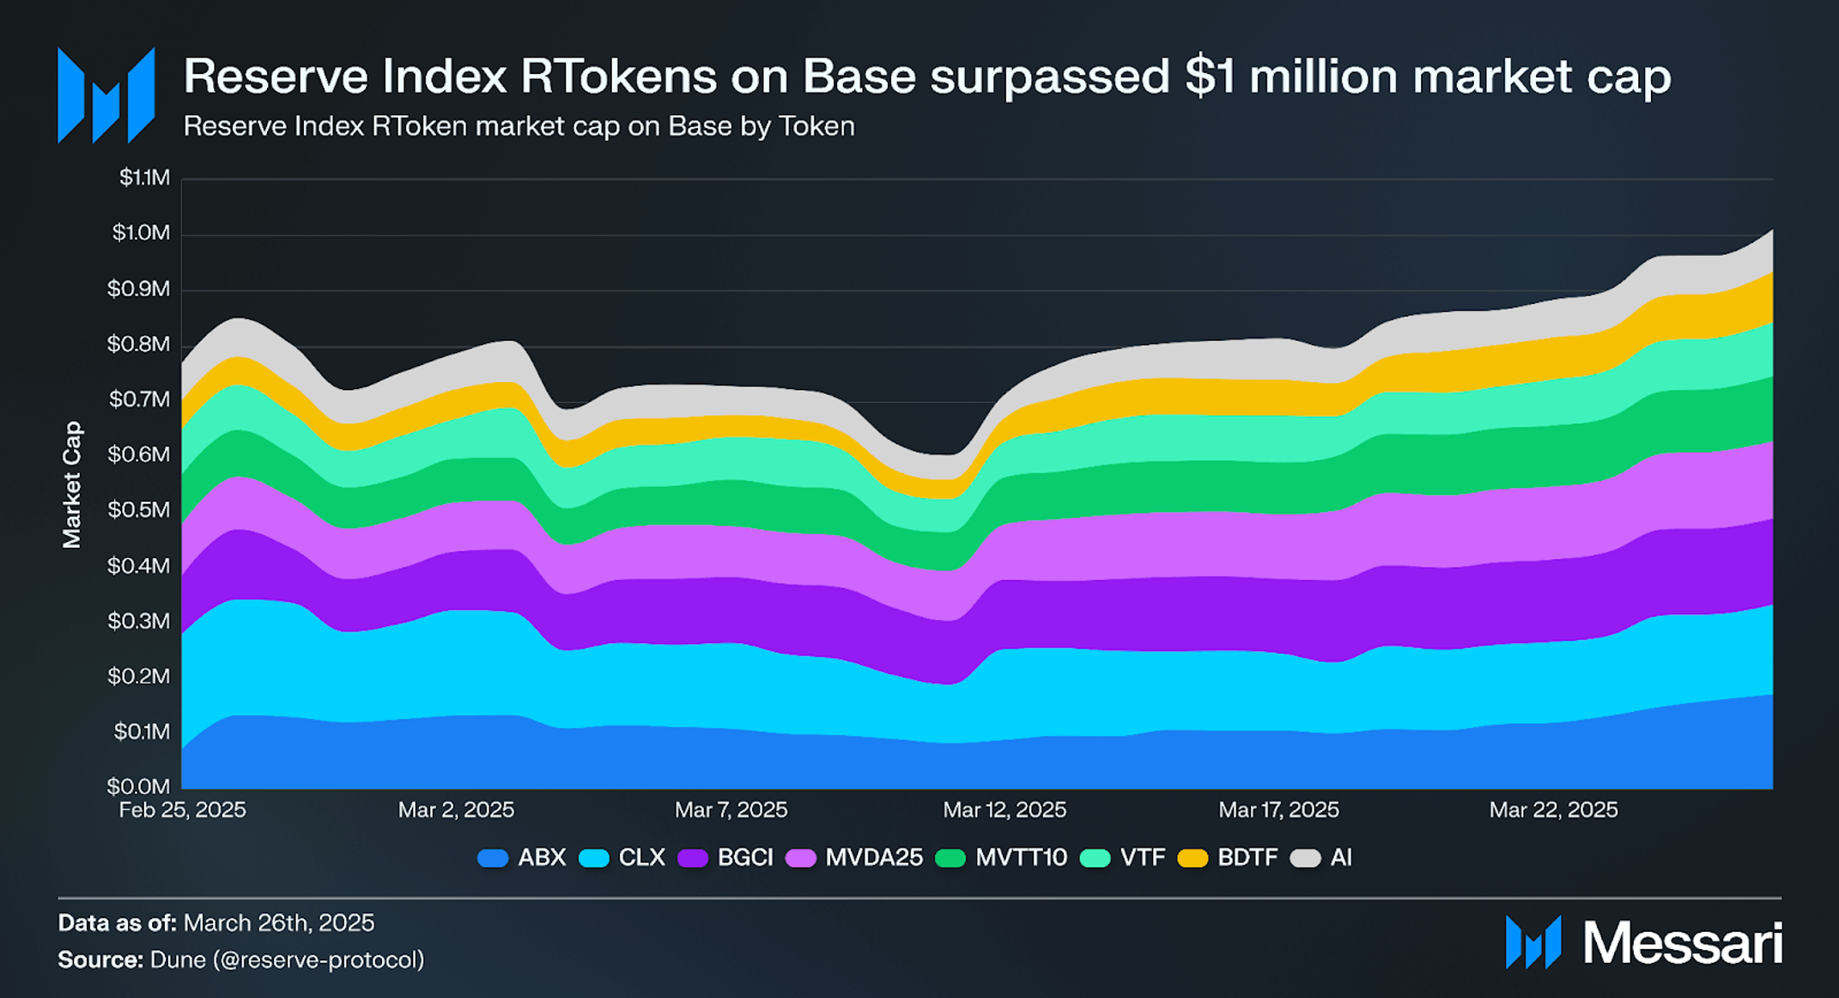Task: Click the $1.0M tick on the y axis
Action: coord(141,233)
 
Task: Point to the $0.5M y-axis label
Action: coord(139,510)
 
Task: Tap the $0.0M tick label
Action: coord(139,786)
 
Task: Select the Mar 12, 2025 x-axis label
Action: coord(1004,810)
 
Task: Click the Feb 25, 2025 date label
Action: coord(182,810)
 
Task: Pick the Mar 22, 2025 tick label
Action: coord(1552,810)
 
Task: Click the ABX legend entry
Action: coord(522,857)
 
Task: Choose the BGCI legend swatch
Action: coord(693,858)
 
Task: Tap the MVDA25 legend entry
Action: coord(854,857)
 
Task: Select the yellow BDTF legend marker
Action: coord(1192,858)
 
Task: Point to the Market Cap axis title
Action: coord(71,484)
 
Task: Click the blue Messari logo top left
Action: coord(106,95)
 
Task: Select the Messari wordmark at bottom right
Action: coord(1682,943)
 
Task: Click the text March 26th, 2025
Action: coord(279,923)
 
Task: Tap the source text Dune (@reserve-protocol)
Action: coord(287,959)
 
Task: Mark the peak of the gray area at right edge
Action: coord(1770,231)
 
